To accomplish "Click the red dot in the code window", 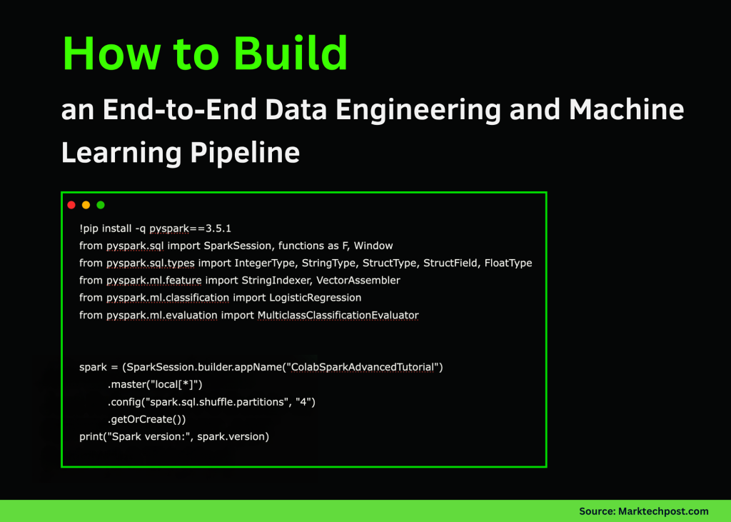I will point(71,205).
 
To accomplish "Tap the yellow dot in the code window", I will point(86,205).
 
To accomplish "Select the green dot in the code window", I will point(101,205).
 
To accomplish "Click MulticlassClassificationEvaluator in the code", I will point(338,315).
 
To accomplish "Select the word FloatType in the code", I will point(508,263).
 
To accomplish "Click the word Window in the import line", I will point(373,246).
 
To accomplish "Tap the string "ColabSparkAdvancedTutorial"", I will point(363,368).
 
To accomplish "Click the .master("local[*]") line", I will point(155,385).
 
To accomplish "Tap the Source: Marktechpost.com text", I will point(643,511).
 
